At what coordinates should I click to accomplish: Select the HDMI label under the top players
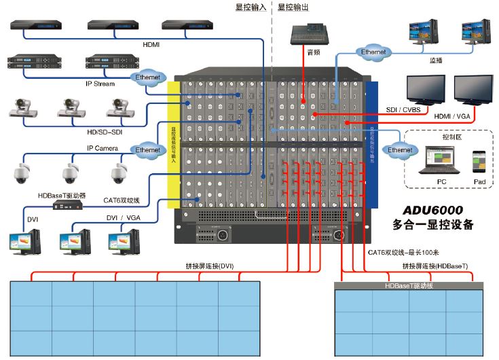[x=151, y=44]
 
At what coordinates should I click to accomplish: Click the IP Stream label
[x=100, y=84]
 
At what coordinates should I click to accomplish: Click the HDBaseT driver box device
[x=70, y=208]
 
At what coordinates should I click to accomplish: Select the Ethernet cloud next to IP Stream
[x=148, y=78]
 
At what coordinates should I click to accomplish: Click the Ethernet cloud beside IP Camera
[x=147, y=149]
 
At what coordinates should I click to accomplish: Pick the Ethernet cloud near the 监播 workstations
[x=372, y=52]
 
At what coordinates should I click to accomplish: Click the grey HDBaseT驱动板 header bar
[x=408, y=286]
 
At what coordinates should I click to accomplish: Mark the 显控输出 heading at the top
[x=293, y=6]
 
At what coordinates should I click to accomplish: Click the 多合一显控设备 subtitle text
[x=432, y=225]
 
